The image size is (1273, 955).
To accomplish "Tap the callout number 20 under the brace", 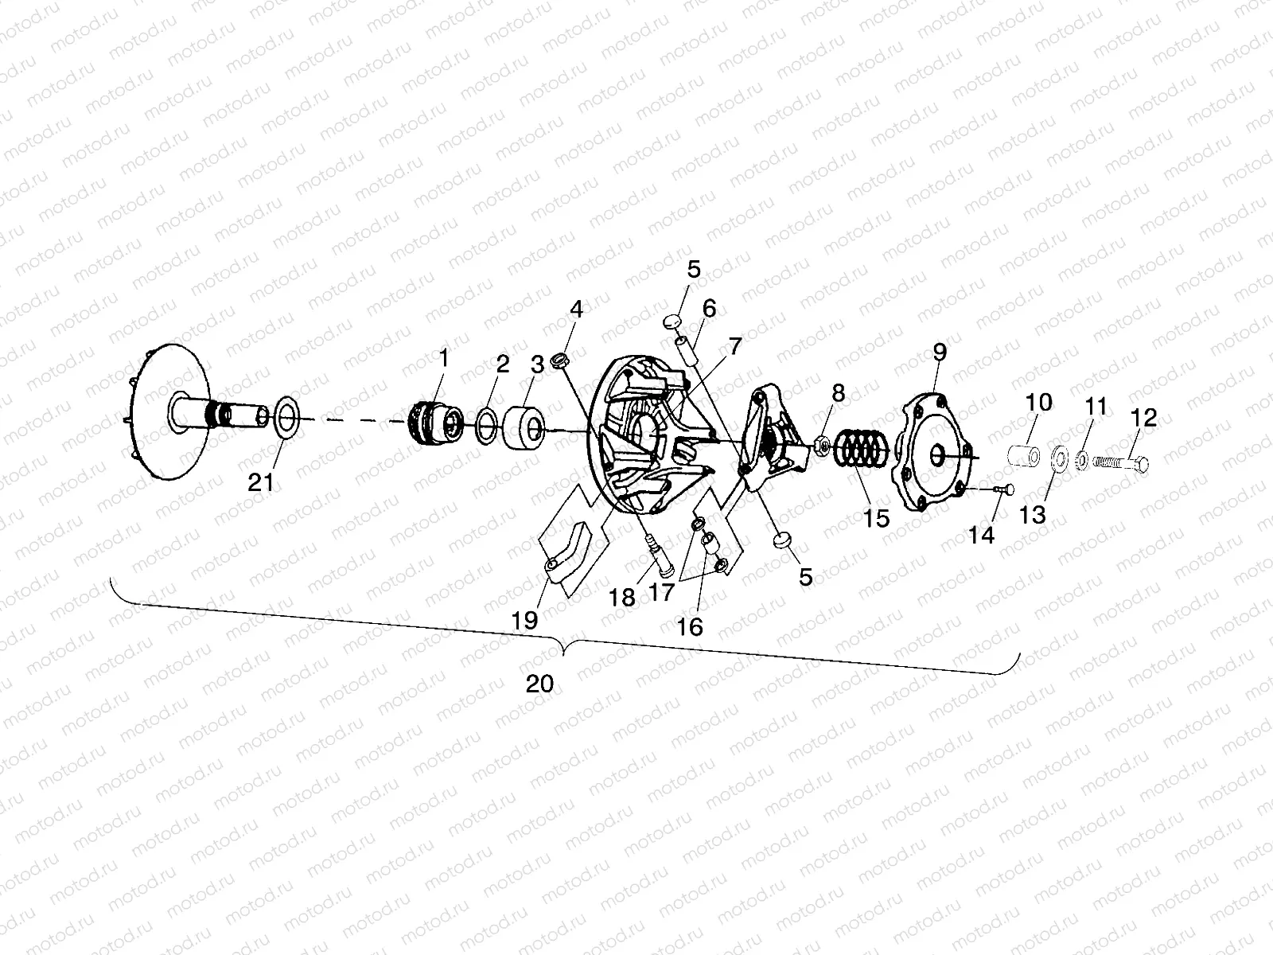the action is pos(540,683).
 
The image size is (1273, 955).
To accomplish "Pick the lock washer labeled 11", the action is pos(1082,460).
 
